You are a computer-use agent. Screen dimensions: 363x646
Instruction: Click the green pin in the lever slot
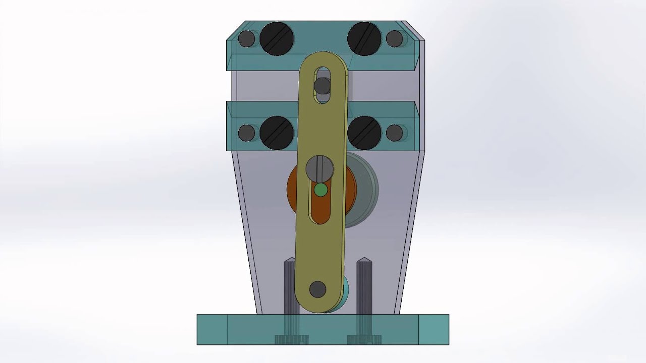point(320,190)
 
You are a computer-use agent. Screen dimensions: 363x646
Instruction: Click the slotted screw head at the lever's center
point(320,168)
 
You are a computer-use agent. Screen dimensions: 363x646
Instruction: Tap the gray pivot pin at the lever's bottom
point(317,289)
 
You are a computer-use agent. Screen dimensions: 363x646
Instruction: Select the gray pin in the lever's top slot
point(322,86)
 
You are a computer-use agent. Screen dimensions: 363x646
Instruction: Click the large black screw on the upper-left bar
point(277,38)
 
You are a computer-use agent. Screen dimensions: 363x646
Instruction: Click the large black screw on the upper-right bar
point(364,38)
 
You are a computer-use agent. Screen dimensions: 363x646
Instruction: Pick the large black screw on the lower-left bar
point(277,133)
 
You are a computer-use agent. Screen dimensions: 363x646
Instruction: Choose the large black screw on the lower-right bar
point(364,133)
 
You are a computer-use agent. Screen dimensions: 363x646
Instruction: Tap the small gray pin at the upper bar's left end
point(246,39)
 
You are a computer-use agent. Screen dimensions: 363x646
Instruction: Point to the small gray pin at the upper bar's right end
point(394,39)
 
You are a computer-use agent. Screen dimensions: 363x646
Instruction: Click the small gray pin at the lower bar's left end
point(246,133)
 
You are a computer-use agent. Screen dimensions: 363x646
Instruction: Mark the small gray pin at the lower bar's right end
point(394,133)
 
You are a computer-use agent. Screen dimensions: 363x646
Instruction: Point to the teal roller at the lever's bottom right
point(345,292)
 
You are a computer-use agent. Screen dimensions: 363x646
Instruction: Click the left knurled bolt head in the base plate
point(291,339)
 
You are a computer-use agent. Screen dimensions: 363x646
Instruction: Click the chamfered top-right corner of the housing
point(414,30)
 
